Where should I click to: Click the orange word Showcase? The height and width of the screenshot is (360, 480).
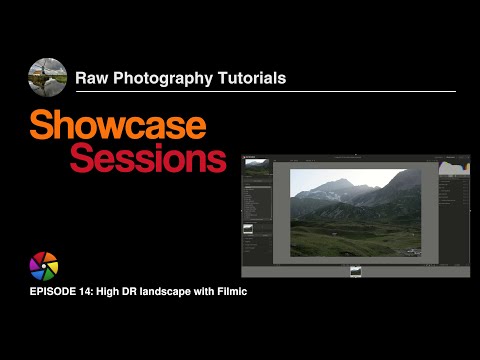pyautogui.click(x=117, y=125)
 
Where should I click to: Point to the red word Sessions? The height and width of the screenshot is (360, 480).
pyautogui.click(x=148, y=158)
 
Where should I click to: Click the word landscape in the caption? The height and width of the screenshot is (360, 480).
pyautogui.click(x=176, y=292)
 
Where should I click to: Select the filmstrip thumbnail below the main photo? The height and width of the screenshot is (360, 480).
pyautogui.click(x=355, y=271)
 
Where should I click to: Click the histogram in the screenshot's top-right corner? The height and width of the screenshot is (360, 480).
pyautogui.click(x=455, y=167)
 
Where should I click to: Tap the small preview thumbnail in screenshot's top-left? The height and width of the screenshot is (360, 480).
pyautogui.click(x=257, y=167)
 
